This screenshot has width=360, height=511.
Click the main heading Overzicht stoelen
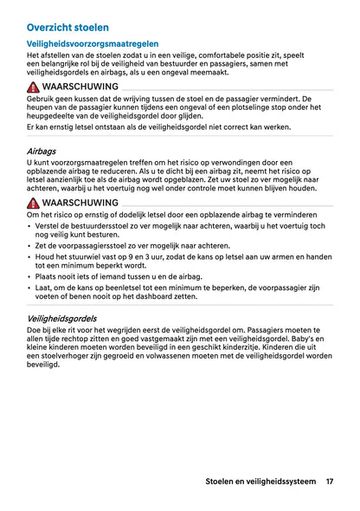tap(67, 28)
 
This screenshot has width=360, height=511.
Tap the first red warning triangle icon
tap(33, 88)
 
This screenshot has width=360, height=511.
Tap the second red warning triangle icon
tap(33, 202)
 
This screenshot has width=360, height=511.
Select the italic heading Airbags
tap(42, 151)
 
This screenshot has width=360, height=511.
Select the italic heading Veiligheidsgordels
tap(66, 319)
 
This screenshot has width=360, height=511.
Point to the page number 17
tap(330, 482)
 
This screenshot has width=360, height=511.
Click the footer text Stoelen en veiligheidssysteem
tap(260, 482)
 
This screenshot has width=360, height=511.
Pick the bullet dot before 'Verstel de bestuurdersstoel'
tap(30, 226)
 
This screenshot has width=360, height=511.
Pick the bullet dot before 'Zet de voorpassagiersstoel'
tap(30, 245)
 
